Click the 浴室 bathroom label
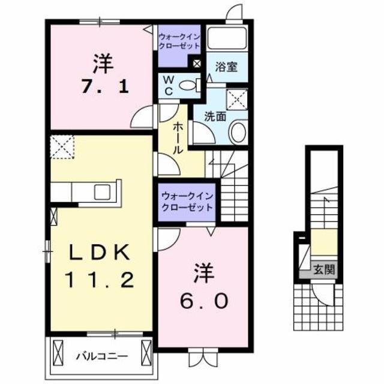point(227,67)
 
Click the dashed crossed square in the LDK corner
point(62,148)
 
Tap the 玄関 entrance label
point(324,269)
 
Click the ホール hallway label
point(179,139)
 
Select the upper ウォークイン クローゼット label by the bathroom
point(180,41)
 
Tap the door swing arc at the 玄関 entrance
point(326,294)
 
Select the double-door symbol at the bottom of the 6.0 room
point(200,358)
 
